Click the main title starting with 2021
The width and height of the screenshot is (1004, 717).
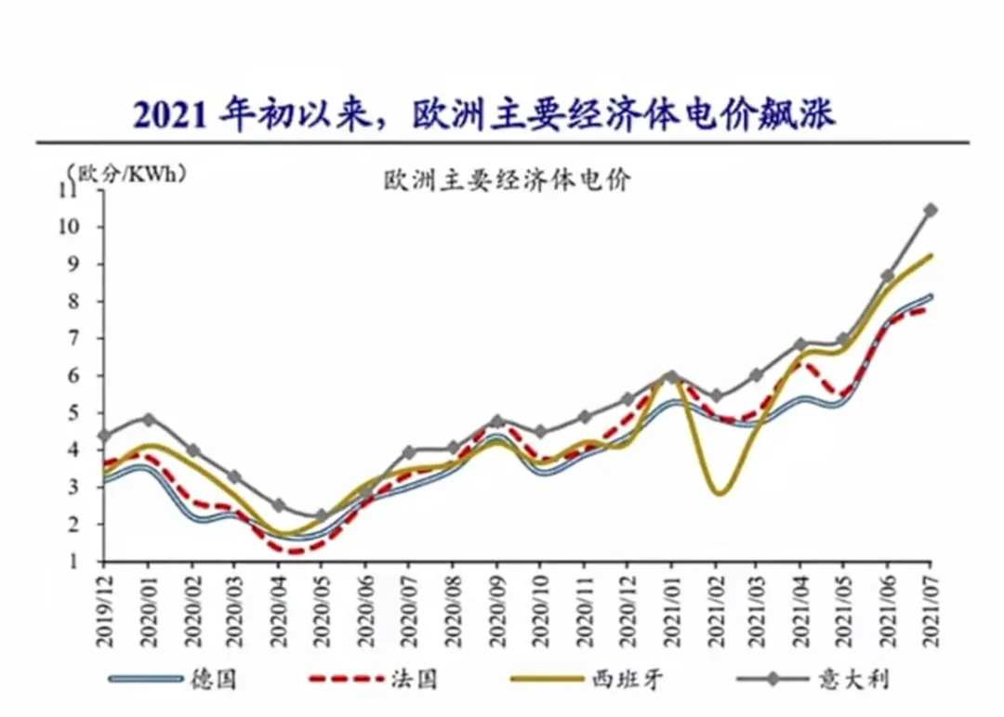click(x=484, y=114)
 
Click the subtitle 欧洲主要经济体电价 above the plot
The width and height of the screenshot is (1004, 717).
click(x=507, y=180)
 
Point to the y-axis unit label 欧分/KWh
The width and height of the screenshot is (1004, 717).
click(x=126, y=172)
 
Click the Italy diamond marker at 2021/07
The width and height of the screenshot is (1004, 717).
click(x=930, y=210)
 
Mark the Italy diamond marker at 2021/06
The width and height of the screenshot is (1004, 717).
click(x=888, y=276)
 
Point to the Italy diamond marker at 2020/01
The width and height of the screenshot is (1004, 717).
click(x=148, y=419)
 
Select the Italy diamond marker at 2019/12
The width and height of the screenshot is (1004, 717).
click(x=104, y=435)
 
